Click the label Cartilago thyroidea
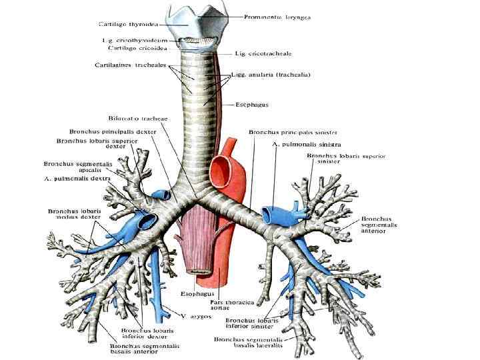click(128, 24)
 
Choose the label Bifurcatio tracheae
click(141, 118)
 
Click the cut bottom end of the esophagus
click(198, 271)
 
